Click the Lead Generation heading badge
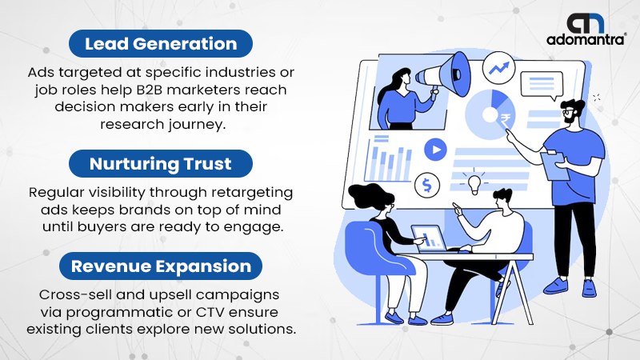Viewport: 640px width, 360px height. point(161,44)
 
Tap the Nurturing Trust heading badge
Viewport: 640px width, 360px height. point(161,164)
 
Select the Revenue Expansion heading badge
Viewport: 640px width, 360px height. point(161,266)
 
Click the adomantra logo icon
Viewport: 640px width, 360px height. point(586,23)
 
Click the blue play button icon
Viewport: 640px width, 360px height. point(435,150)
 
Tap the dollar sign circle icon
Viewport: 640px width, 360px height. point(427,185)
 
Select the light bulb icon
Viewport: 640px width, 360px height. point(474,183)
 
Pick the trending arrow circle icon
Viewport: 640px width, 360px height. point(498,68)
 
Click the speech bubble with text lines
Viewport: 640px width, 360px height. point(542,86)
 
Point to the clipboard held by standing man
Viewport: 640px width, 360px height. point(554,166)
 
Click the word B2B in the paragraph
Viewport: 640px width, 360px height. point(150,90)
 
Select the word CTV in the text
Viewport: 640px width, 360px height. point(210,312)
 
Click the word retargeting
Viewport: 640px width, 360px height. point(252,193)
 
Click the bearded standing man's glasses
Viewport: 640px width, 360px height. point(567,111)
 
